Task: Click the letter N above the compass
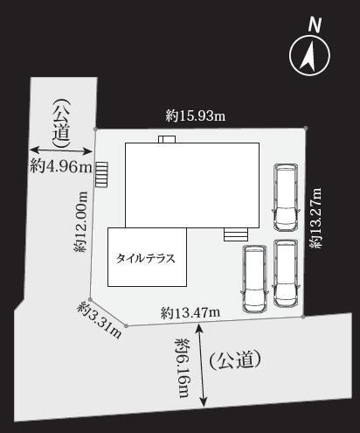315,24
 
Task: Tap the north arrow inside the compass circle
308,57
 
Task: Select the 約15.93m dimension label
196,115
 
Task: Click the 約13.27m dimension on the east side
315,218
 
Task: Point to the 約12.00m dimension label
80,221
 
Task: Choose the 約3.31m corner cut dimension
100,320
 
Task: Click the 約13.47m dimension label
190,313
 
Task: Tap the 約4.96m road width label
61,167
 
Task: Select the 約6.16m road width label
183,368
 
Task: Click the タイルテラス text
146,258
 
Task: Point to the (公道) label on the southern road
235,360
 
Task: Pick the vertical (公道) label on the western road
61,123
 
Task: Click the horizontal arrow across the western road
61,150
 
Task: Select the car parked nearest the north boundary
286,198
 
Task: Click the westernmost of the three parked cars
254,279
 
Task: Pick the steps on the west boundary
101,174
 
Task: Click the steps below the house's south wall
236,234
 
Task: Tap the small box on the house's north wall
167,139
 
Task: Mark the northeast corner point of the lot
306,128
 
